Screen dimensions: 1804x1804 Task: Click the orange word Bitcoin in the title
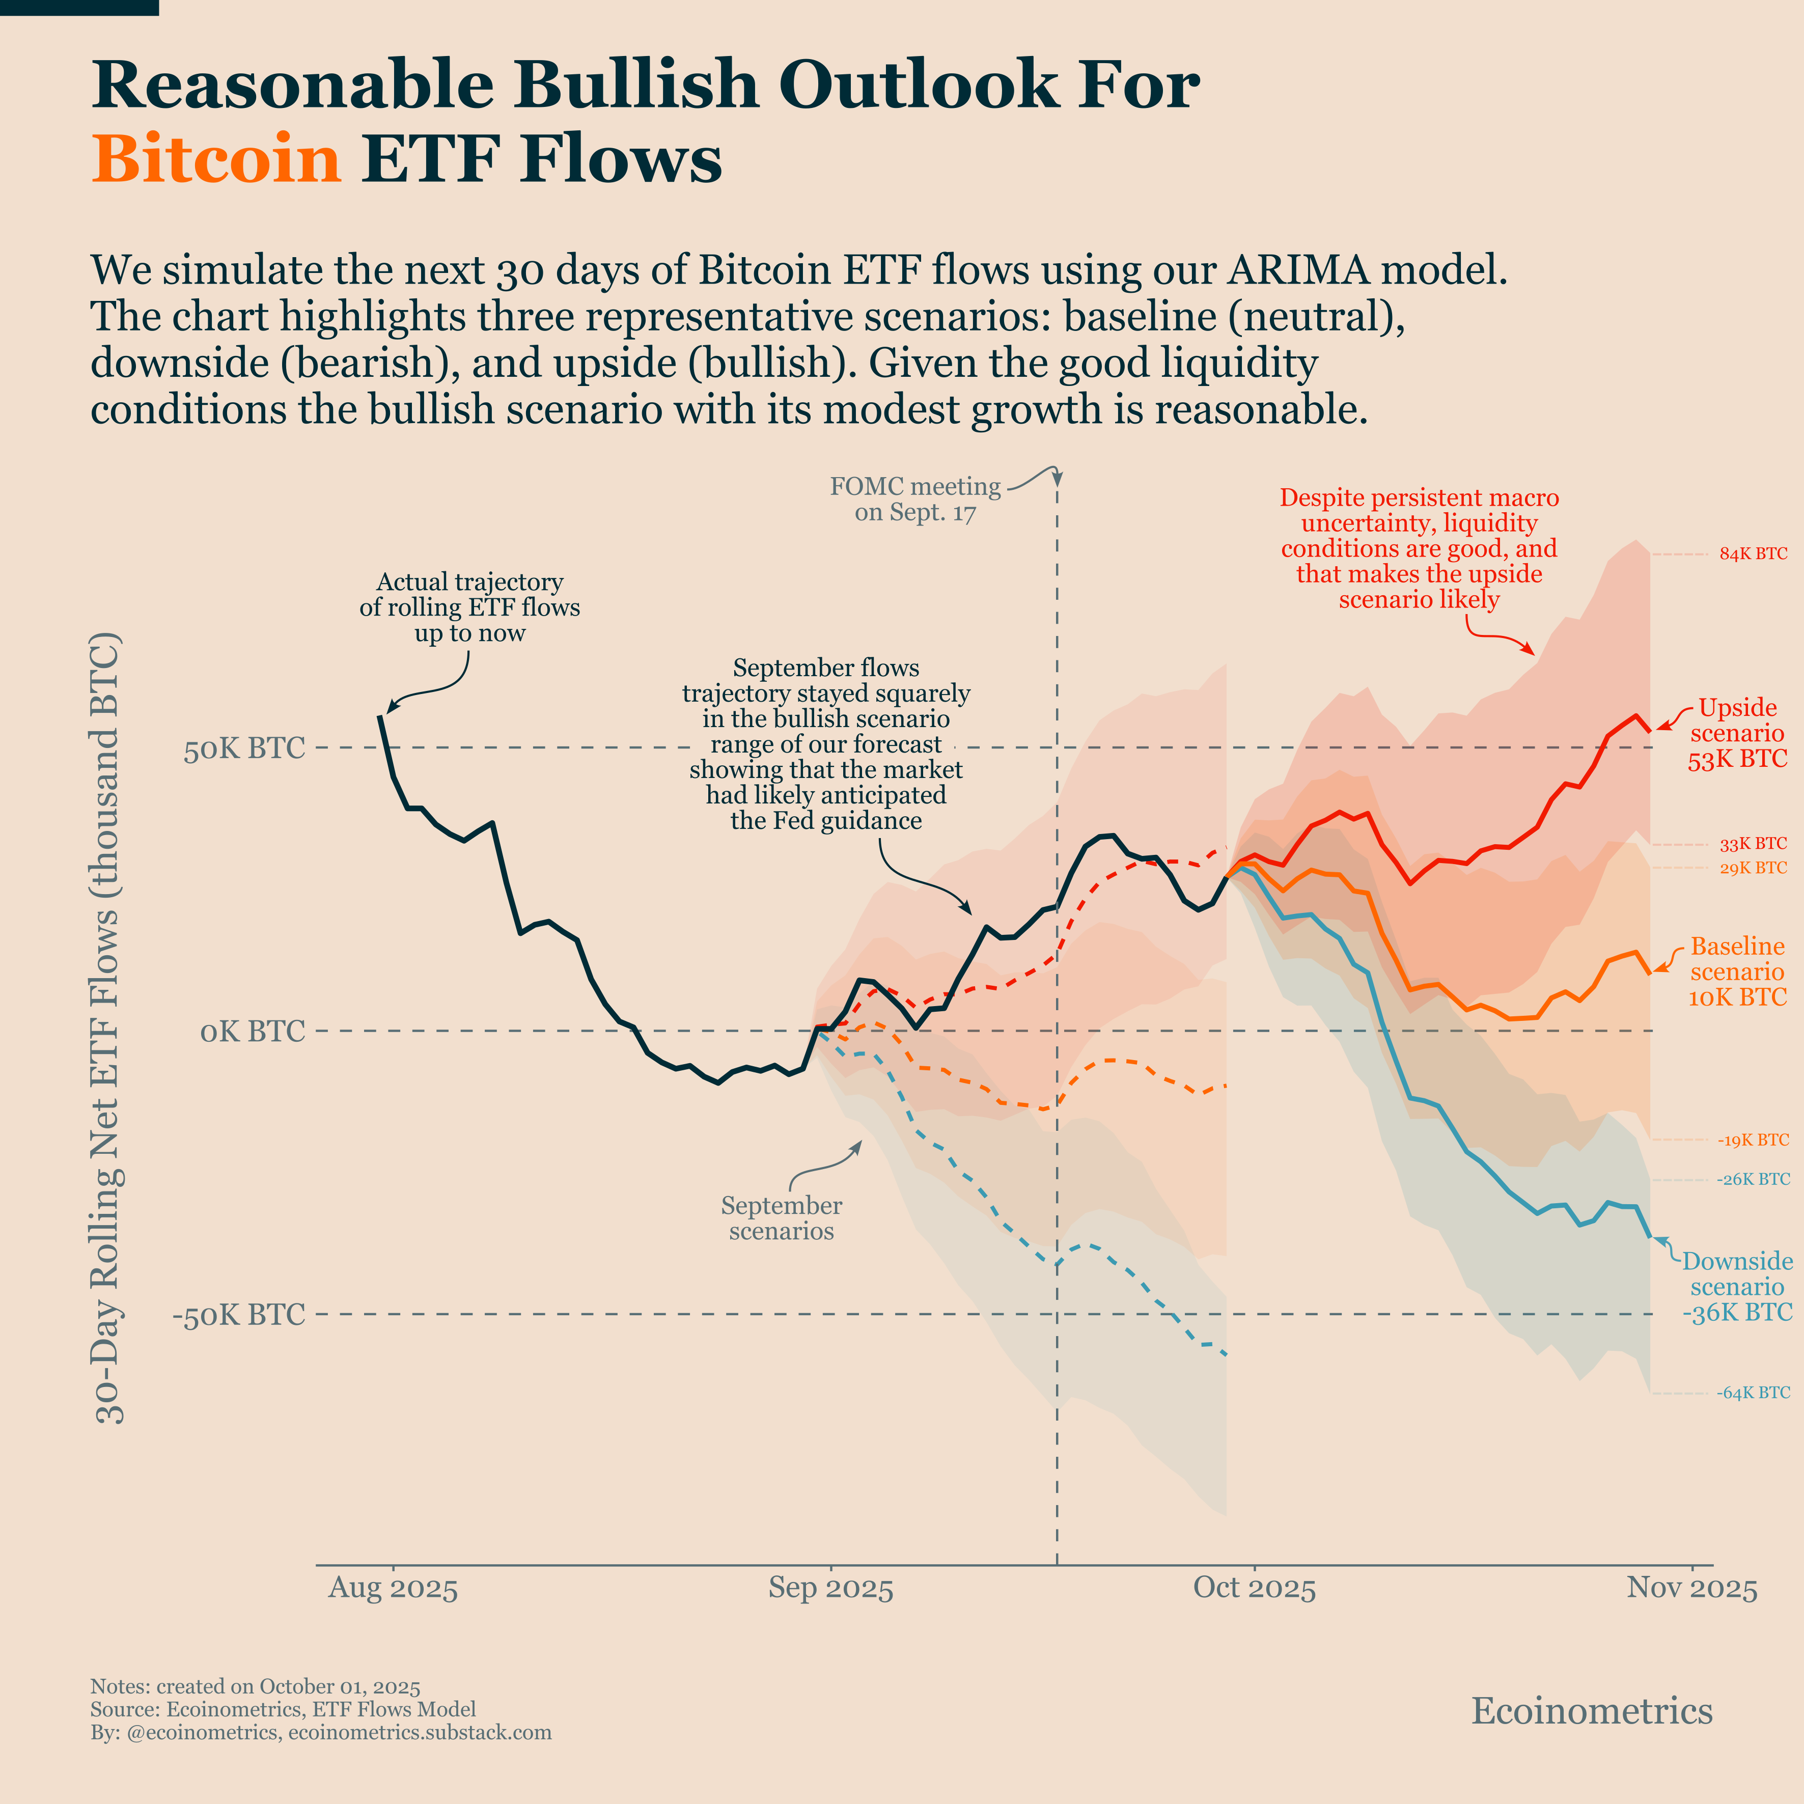coord(216,159)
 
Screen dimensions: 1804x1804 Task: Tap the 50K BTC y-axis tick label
coord(244,749)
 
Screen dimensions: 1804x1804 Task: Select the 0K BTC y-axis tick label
coord(252,1032)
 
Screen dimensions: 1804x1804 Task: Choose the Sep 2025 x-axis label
coord(830,1588)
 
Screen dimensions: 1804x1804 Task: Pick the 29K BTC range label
coord(1753,868)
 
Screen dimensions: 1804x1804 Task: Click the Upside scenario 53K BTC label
coord(1737,734)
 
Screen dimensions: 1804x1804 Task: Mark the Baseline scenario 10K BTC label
coord(1737,972)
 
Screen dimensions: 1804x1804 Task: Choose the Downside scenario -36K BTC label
coord(1737,1287)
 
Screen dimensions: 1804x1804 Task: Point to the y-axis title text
coord(109,1027)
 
